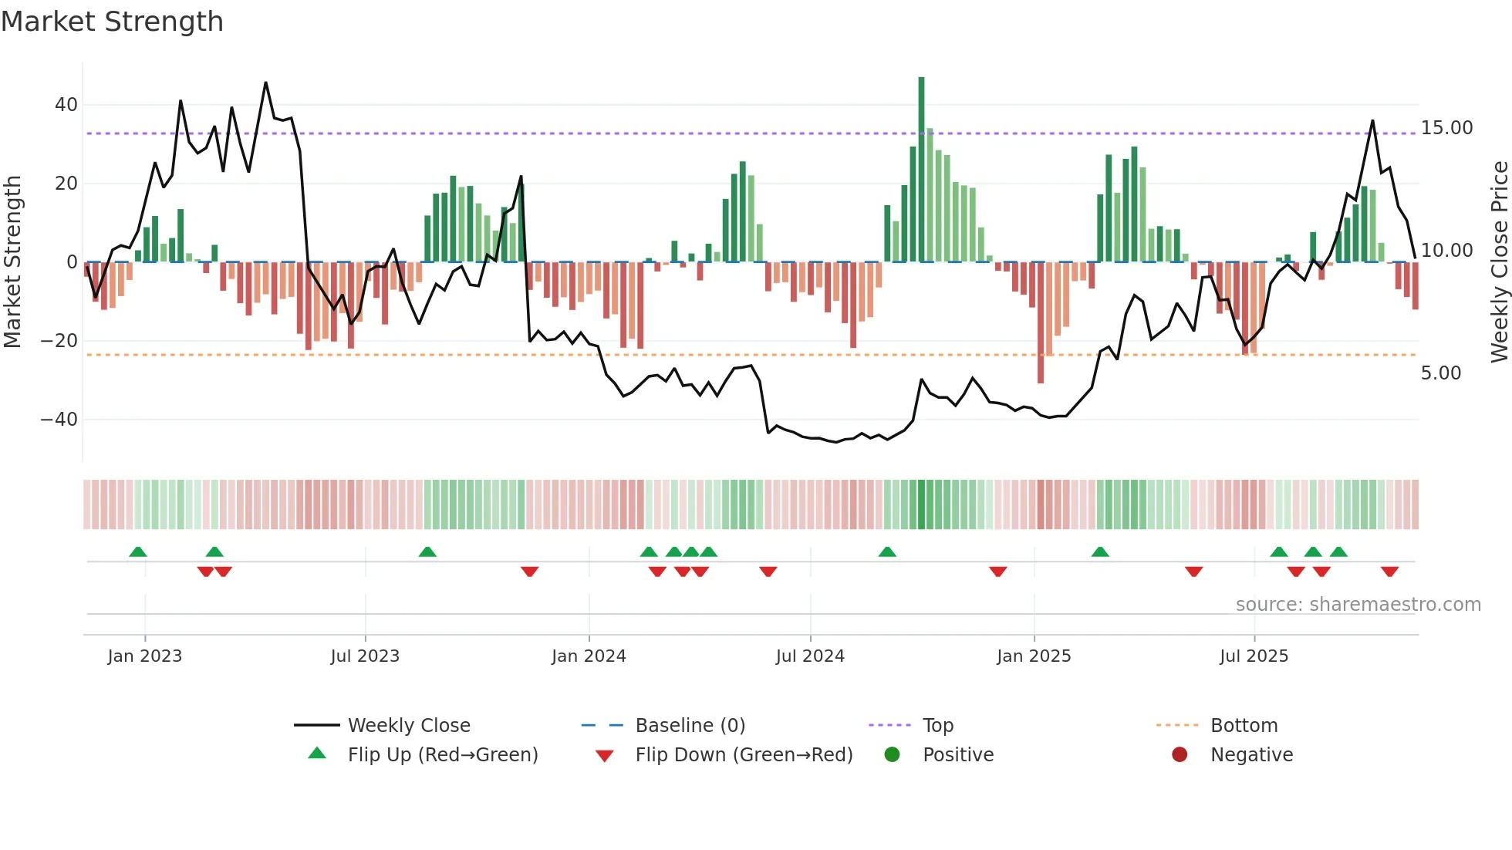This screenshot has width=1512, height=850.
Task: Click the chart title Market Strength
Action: tap(113, 22)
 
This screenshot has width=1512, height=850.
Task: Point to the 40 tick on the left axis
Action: tap(66, 104)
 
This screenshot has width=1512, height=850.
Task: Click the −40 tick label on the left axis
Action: tap(59, 420)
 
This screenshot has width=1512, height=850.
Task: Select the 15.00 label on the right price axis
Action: tap(1446, 128)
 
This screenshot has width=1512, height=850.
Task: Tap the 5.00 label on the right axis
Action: tap(1440, 373)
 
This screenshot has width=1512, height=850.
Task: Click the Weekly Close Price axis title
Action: tap(1499, 261)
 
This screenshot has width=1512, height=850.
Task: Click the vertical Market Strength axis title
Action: tap(13, 261)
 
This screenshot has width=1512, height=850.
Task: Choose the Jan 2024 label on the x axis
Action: tap(589, 656)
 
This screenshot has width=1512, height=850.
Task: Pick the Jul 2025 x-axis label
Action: tap(1254, 656)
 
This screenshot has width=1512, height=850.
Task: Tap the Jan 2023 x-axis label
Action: tap(145, 656)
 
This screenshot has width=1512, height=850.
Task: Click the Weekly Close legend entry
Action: tap(408, 726)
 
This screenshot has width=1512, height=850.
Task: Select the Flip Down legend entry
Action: tap(743, 755)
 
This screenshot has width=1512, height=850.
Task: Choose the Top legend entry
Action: tap(937, 726)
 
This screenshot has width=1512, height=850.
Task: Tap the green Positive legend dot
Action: tap(893, 755)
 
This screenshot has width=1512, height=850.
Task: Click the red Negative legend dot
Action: tap(1180, 755)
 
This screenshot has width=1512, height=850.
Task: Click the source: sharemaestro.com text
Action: tap(1358, 605)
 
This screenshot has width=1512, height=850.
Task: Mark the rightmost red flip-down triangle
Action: tap(1390, 572)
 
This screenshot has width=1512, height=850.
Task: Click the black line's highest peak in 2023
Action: tap(266, 83)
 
